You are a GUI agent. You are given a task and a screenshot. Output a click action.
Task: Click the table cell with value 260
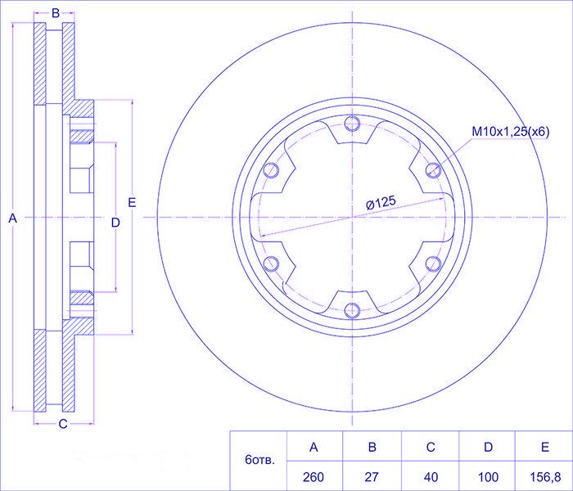[314, 477]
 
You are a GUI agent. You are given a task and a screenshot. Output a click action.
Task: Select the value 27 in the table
[372, 477]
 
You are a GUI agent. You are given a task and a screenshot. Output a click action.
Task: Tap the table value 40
[431, 477]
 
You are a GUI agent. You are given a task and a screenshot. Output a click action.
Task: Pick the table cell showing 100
[488, 477]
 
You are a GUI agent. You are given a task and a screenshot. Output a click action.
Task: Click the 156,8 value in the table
[545, 477]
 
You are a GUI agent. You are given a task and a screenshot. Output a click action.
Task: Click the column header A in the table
[314, 447]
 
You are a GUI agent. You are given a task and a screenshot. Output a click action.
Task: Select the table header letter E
[545, 447]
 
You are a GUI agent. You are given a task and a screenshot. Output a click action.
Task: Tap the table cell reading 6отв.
[259, 460]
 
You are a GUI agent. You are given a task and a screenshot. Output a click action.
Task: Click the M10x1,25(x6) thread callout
[511, 132]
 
